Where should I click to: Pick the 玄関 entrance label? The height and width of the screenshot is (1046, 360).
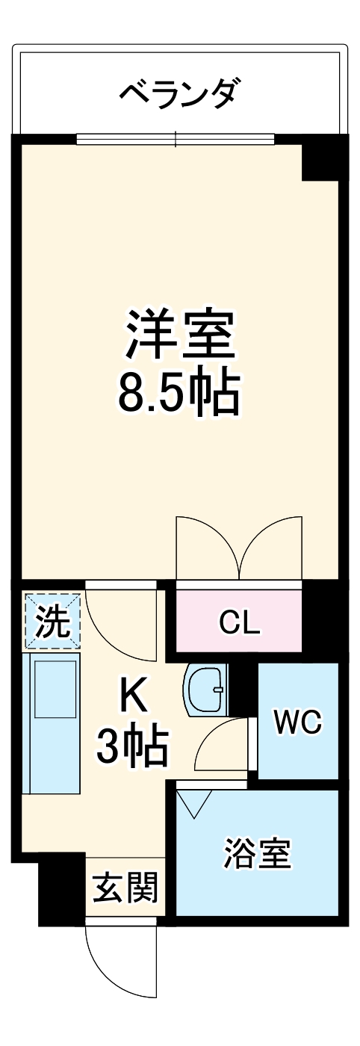click(x=125, y=889)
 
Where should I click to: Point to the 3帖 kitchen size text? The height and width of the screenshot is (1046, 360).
click(x=132, y=747)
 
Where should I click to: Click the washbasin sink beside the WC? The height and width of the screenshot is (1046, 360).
click(x=205, y=689)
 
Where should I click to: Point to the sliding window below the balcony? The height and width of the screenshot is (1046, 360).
click(x=176, y=139)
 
